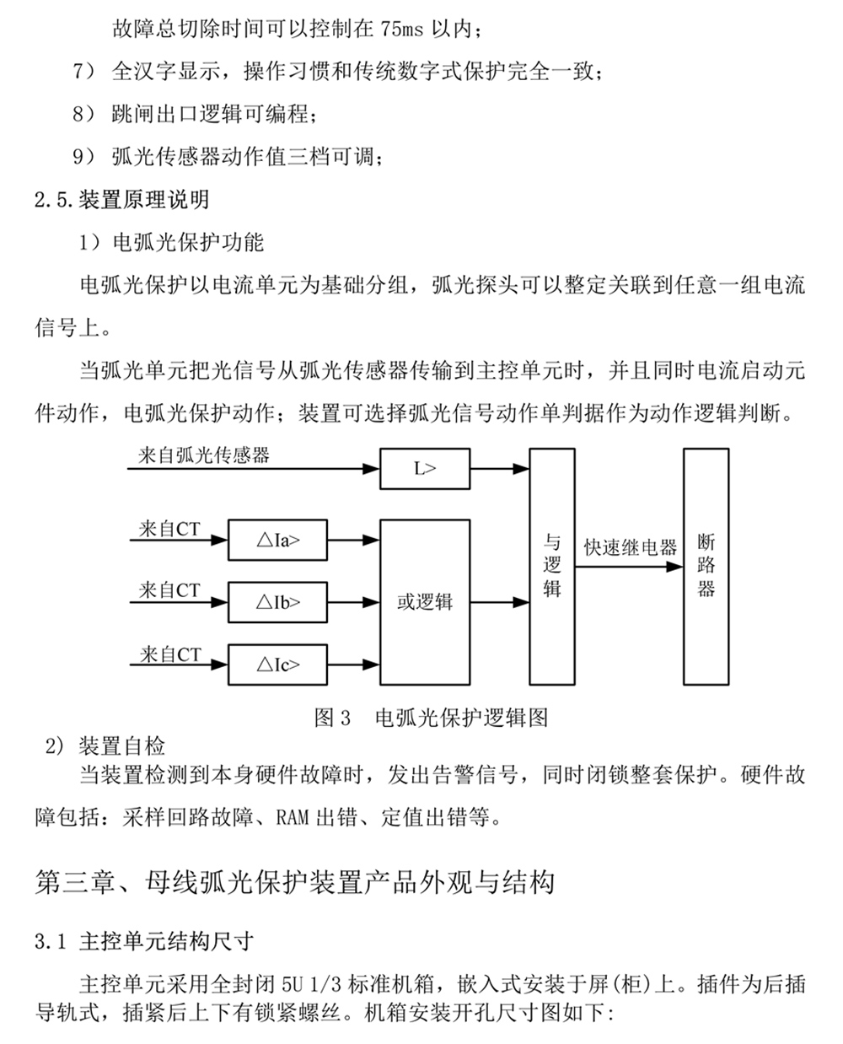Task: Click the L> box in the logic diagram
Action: point(425,469)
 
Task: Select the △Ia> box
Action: point(278,541)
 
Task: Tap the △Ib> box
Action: point(278,602)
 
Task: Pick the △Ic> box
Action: point(278,665)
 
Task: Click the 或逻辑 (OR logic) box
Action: point(425,601)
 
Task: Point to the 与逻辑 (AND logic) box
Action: point(552,566)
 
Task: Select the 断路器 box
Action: point(706,566)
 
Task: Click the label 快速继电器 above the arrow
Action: point(630,547)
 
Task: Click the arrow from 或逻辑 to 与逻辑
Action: point(500,602)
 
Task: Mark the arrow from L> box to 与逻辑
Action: point(500,469)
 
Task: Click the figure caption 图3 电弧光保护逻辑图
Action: point(431,718)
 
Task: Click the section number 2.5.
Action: point(54,200)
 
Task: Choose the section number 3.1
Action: point(50,941)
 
